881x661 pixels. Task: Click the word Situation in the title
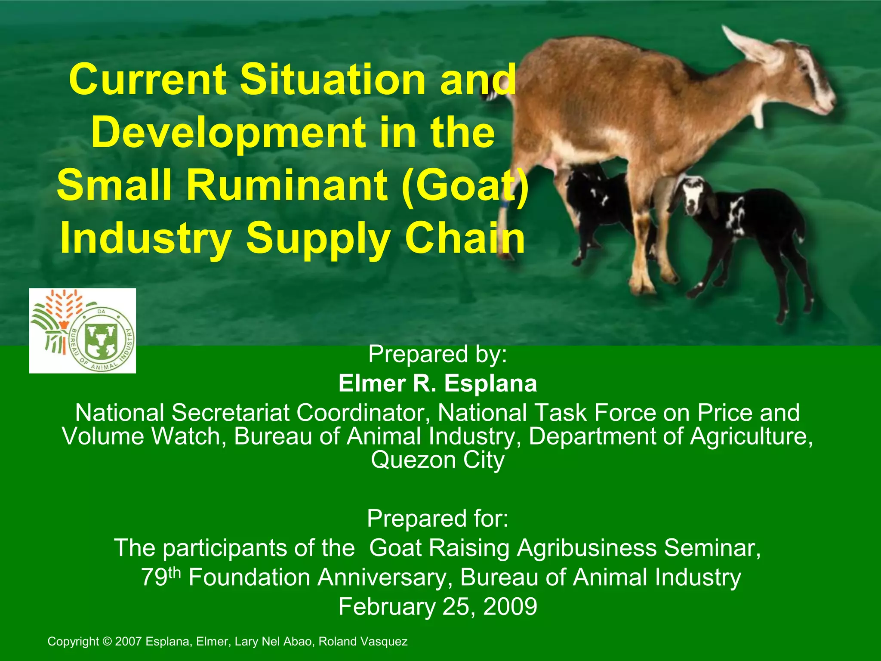point(333,80)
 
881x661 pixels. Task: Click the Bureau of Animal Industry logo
point(83,330)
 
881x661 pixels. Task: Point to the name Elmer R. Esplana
point(437,383)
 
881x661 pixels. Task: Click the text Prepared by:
point(437,354)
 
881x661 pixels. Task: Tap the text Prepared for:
point(437,518)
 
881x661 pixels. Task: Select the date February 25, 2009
point(437,606)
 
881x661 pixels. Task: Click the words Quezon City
point(437,460)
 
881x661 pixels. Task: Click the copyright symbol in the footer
point(108,642)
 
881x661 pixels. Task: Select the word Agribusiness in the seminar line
point(588,548)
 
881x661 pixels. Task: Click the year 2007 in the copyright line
point(129,642)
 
